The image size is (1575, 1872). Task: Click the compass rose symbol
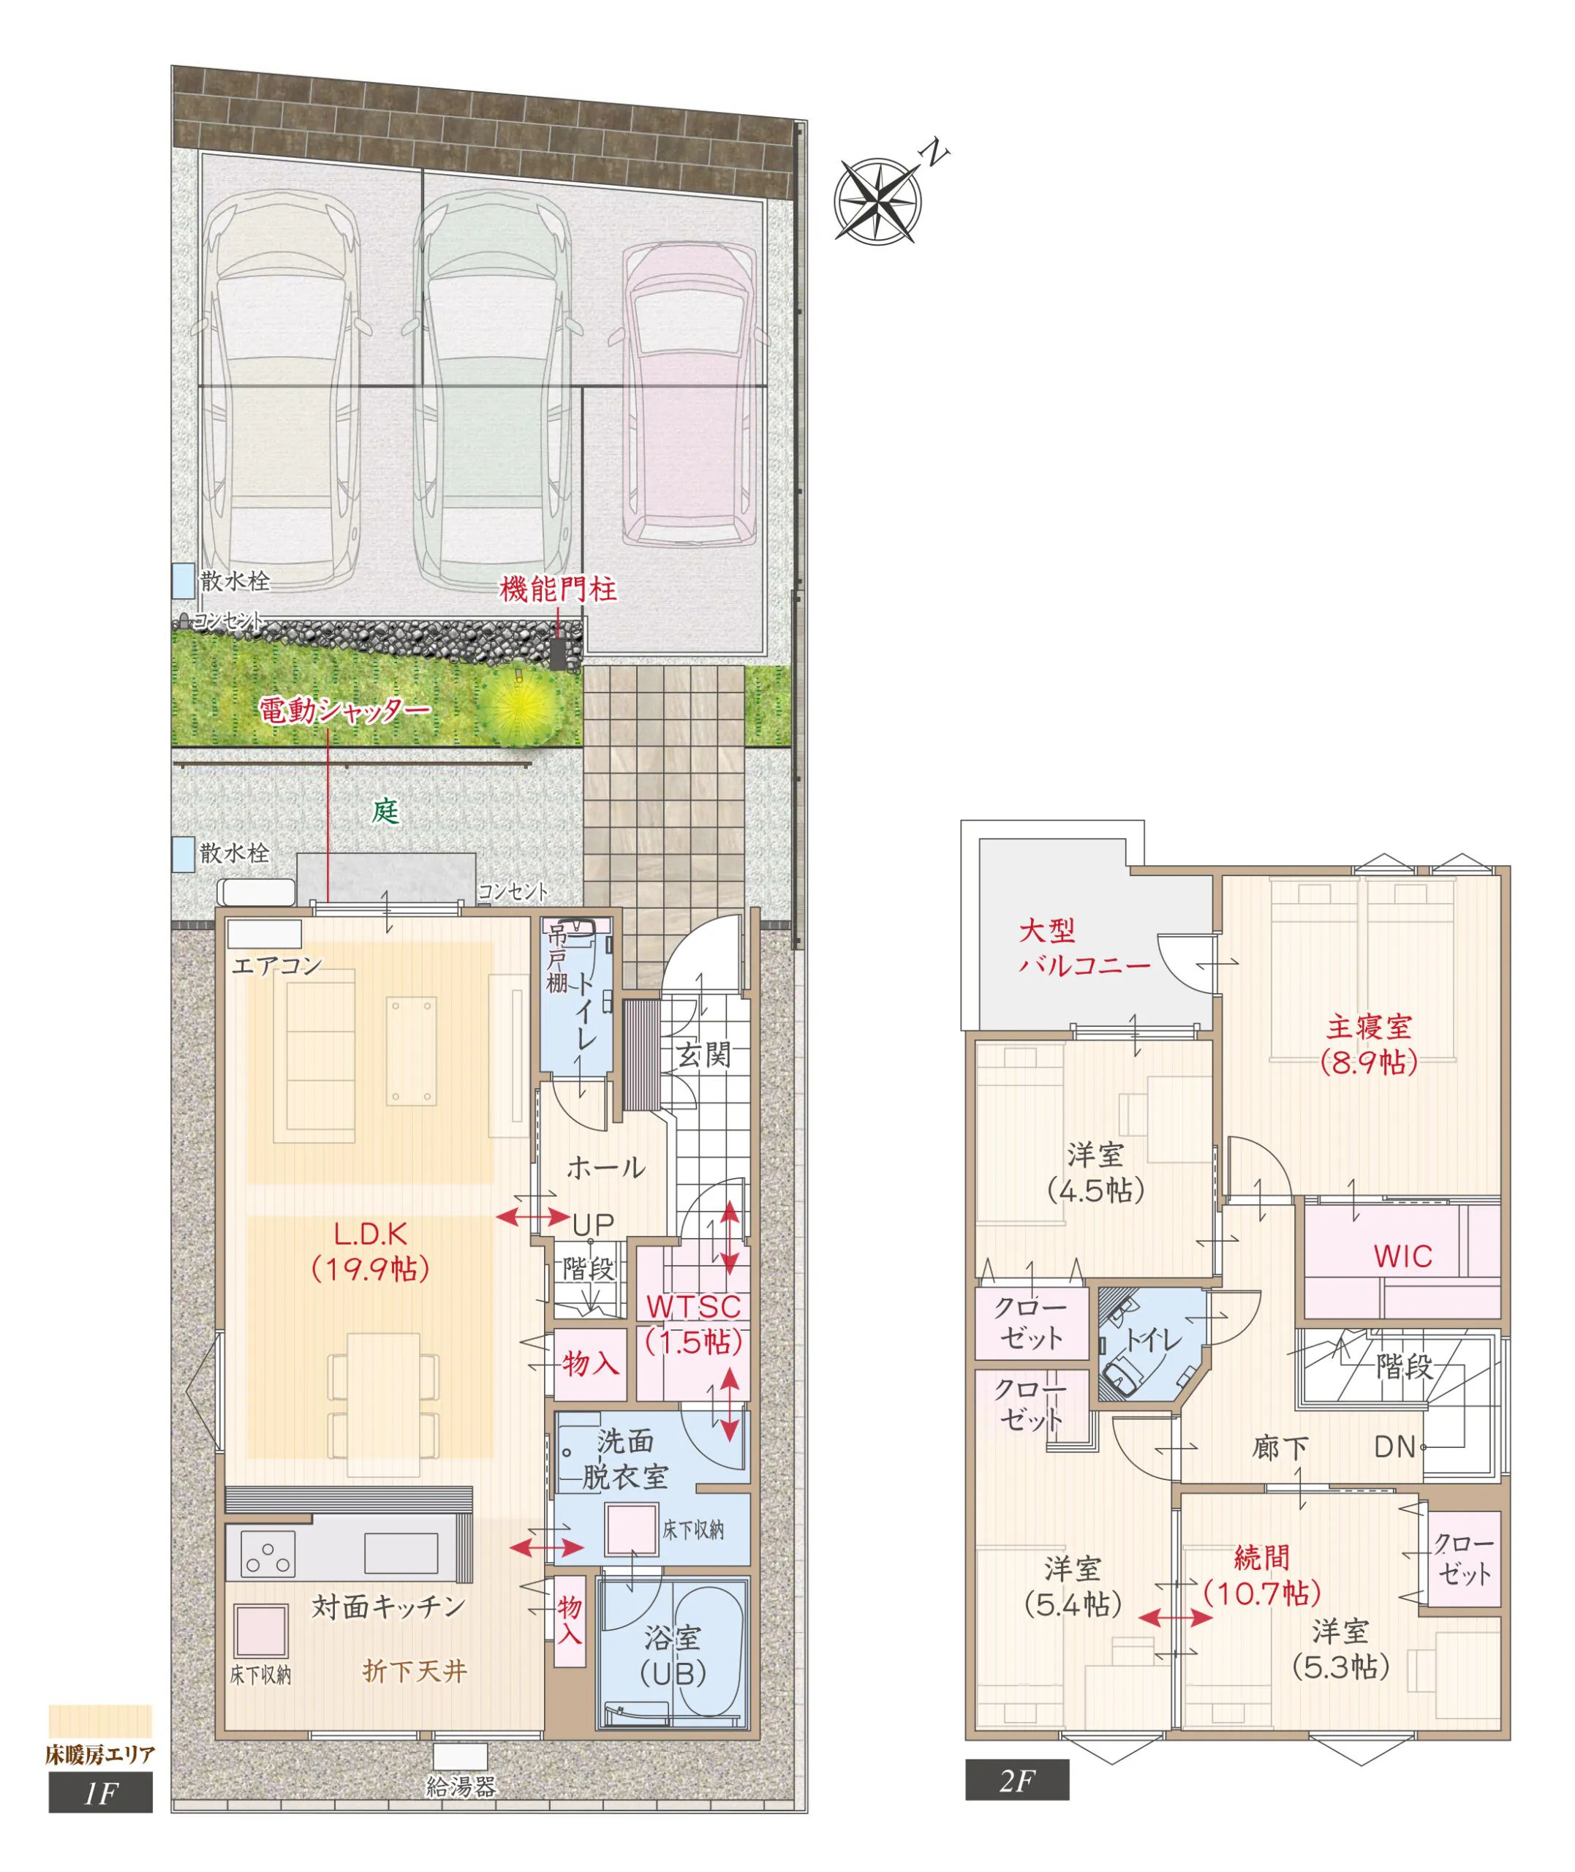coord(879,201)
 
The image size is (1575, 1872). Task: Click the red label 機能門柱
coord(558,590)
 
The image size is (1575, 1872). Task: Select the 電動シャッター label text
coord(344,711)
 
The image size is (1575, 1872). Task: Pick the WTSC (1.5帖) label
coord(694,1324)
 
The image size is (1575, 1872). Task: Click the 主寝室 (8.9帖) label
coord(1369,1043)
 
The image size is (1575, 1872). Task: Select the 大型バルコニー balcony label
coord(1084,948)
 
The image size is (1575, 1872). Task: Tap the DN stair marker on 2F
coord(1394,1447)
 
